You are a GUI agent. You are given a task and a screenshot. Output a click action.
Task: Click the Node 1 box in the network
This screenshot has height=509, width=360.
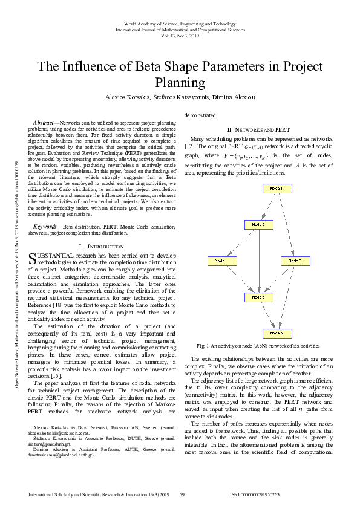(278, 189)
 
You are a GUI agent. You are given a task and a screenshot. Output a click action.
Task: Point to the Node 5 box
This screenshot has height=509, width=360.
(259, 297)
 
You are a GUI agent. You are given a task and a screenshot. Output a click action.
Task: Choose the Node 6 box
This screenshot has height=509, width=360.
(278, 334)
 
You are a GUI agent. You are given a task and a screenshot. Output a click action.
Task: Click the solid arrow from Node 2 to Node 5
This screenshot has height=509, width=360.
(259, 261)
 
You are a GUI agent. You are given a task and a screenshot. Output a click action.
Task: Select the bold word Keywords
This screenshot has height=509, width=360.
(47, 226)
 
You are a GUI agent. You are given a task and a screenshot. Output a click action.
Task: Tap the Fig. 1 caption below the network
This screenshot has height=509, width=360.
(258, 345)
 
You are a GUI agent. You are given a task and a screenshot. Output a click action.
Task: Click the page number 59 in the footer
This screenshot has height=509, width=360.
(182, 494)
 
